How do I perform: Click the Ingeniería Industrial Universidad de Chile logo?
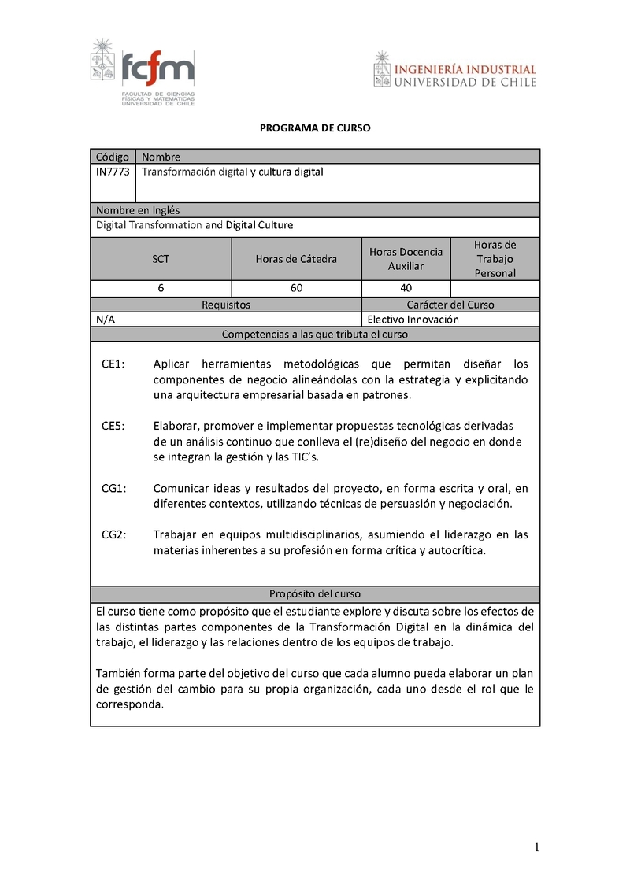click(455, 70)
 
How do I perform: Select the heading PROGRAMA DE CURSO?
click(315, 128)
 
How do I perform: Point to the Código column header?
click(113, 157)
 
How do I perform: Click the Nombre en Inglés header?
click(138, 210)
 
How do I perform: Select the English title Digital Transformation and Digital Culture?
click(195, 225)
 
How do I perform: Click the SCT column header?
click(161, 259)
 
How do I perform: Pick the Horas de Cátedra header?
click(296, 259)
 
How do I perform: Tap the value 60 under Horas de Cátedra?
click(296, 288)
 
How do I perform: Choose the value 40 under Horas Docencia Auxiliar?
click(406, 288)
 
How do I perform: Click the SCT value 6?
click(161, 288)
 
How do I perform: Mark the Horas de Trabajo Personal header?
click(495, 259)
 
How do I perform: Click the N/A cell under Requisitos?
click(104, 320)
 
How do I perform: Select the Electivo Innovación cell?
click(413, 320)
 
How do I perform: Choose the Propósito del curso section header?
click(315, 594)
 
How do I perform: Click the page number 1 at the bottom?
click(536, 848)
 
